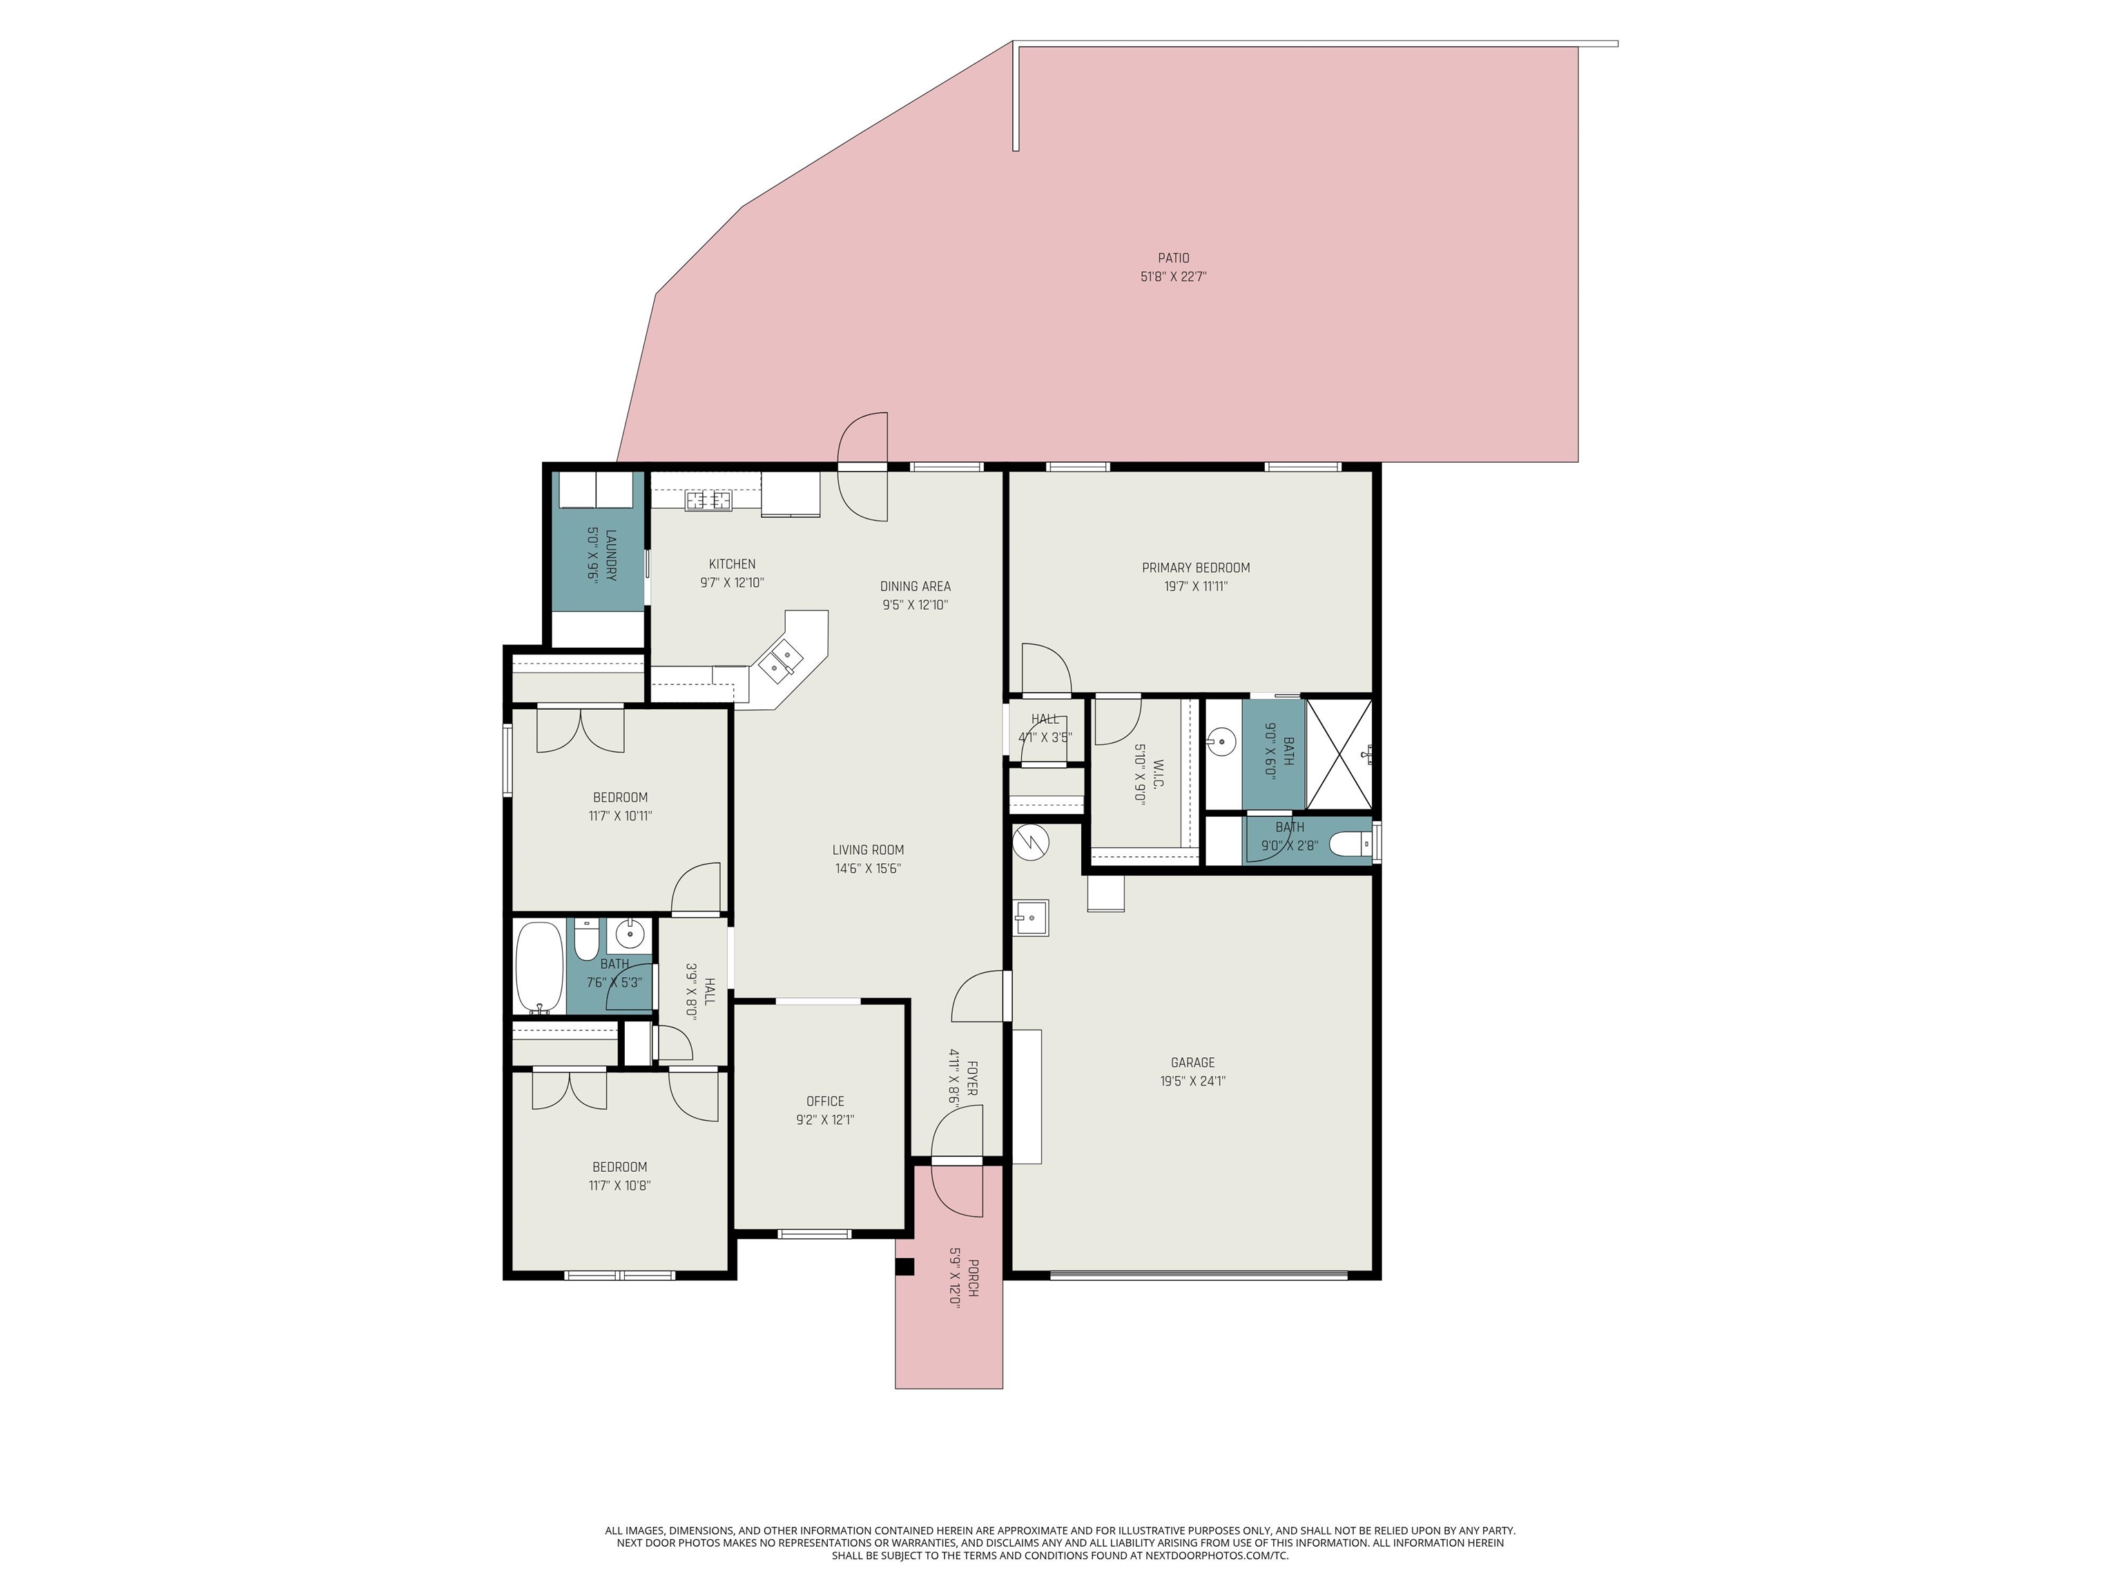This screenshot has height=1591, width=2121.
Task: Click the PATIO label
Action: pyautogui.click(x=1172, y=258)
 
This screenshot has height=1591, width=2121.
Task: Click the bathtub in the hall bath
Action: pyautogui.click(x=539, y=967)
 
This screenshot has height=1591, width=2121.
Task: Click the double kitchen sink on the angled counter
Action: pyautogui.click(x=780, y=659)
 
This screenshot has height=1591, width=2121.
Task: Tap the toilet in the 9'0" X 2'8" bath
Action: pyautogui.click(x=1352, y=844)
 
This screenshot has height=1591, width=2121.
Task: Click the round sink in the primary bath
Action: pyautogui.click(x=1221, y=742)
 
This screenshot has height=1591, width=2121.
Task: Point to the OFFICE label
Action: pyautogui.click(x=824, y=1101)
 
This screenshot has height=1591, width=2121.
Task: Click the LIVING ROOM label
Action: pyautogui.click(x=868, y=849)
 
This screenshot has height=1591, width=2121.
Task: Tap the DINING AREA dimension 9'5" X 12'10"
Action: pyautogui.click(x=915, y=605)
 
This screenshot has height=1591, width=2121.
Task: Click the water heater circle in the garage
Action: pyautogui.click(x=1031, y=841)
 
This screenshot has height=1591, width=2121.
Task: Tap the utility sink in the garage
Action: pyautogui.click(x=1032, y=918)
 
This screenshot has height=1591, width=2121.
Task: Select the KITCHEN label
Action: pyautogui.click(x=732, y=564)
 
